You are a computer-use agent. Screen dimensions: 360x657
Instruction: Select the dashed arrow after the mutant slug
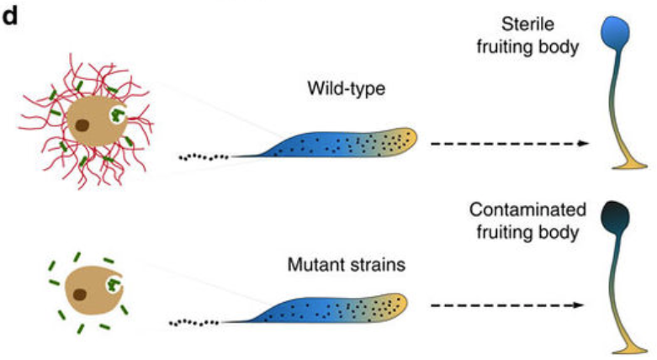pyautogui.click(x=506, y=305)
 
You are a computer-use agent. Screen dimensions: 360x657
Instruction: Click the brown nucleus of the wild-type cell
pyautogui.click(x=82, y=126)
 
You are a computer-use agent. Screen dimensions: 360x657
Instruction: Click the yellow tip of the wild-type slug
pyautogui.click(x=402, y=140)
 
